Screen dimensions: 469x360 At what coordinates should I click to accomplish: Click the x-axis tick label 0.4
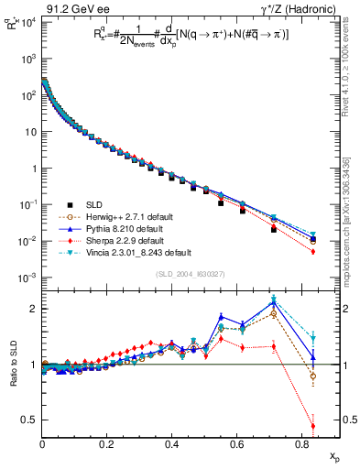point(172,446)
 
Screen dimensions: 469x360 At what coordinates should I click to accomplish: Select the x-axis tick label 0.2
point(107,446)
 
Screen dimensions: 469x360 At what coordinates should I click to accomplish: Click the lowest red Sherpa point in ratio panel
point(313,426)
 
